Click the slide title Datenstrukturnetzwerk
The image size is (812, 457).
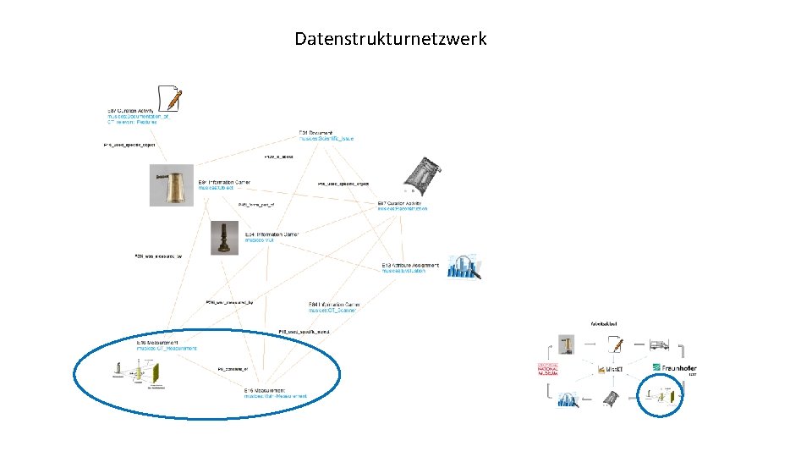point(390,39)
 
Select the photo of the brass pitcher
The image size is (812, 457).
point(173,184)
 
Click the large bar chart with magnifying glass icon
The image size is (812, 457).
point(464,267)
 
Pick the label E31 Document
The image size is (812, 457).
point(315,133)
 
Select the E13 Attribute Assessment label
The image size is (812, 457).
point(410,265)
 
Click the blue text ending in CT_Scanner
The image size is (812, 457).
point(332,311)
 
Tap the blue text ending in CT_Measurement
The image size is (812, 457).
point(167,348)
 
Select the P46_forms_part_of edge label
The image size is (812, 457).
point(256,204)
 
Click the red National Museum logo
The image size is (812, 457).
point(549,370)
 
